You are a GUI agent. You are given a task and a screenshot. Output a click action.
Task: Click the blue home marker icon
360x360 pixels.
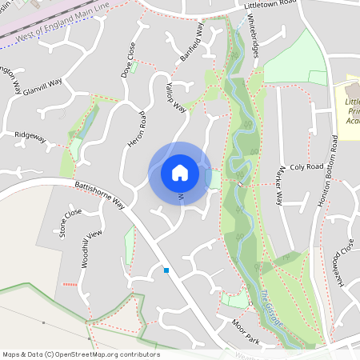[180, 172]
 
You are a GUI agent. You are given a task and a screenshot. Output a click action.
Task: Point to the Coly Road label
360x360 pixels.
[306, 167]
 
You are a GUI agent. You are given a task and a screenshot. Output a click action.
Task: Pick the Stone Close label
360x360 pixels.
[70, 222]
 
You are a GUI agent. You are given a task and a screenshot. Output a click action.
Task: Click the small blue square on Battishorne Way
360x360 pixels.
[166, 270]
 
